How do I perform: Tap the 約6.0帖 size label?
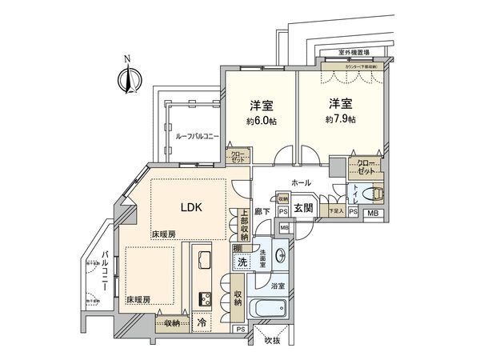pos(262,123)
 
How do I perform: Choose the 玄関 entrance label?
pos(303,209)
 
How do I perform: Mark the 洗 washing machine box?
pos(242,263)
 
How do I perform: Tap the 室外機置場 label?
pos(351,53)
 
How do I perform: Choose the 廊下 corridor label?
pos(262,211)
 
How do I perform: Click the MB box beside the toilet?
pos(373,214)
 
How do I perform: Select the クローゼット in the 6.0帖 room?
pos(238,157)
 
